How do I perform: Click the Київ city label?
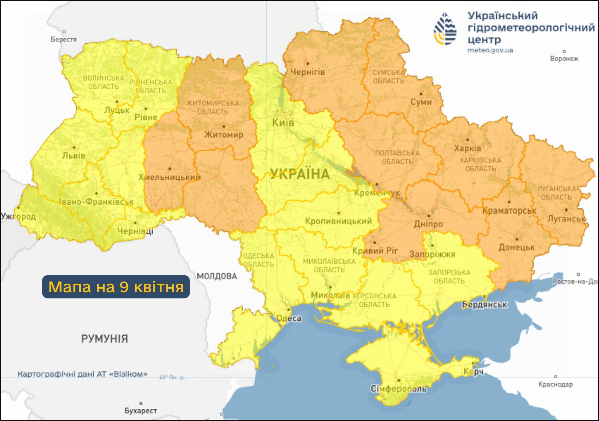pyautogui.click(x=283, y=123)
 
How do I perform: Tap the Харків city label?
pyautogui.click(x=467, y=149)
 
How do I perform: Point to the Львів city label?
pyautogui.click(x=74, y=155)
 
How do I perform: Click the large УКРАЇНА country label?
pyautogui.click(x=300, y=174)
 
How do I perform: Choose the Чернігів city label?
pyautogui.click(x=307, y=72)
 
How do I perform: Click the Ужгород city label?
pyautogui.click(x=19, y=217)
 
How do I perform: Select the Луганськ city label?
pyautogui.click(x=567, y=219)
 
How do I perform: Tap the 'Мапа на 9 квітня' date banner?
pyautogui.click(x=116, y=287)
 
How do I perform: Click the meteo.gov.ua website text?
pyautogui.click(x=490, y=50)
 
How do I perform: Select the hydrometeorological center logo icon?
pyautogui.click(x=445, y=28)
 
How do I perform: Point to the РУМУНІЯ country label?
pyautogui.click(x=104, y=339)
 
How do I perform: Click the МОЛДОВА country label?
pyautogui.click(x=217, y=276)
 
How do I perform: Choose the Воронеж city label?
pyautogui.click(x=564, y=58)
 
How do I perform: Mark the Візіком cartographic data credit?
pyautogui.click(x=83, y=374)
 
